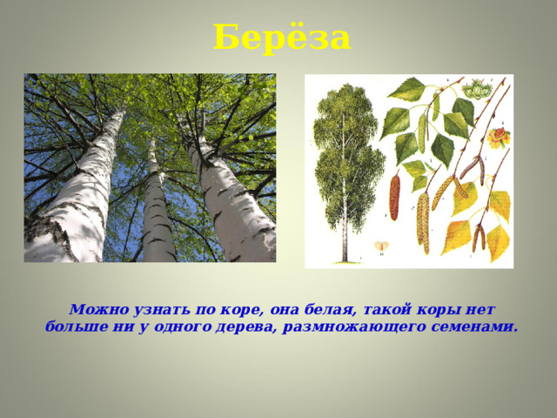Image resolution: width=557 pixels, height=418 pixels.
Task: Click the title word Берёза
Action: coord(281,37)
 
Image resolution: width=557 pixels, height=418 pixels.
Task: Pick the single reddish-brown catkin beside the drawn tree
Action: coord(394,197)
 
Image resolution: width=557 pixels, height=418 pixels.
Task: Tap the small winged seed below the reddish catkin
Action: coord(380,246)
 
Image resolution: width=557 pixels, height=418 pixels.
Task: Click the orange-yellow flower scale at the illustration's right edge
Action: coord(500,137)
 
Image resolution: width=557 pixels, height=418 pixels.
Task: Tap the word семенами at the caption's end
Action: coord(475,327)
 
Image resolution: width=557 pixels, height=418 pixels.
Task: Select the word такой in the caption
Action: coord(380,309)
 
